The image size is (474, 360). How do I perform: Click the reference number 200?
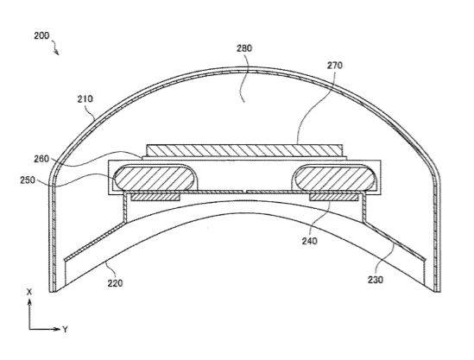[x=41, y=35]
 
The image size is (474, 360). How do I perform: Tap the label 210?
[x=85, y=98]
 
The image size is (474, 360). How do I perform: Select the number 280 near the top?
[x=244, y=48]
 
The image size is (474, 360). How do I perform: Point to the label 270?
[x=335, y=66]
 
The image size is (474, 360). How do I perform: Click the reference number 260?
[x=41, y=159]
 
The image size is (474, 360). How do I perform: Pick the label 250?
[x=28, y=180]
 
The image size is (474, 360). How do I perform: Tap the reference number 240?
[x=310, y=241]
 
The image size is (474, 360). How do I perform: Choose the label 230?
[x=376, y=280]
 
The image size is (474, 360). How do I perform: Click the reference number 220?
[x=115, y=283]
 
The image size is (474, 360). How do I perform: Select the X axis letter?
[x=29, y=292]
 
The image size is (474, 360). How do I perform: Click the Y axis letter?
[x=65, y=329]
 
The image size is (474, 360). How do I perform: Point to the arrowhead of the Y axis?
[x=58, y=329]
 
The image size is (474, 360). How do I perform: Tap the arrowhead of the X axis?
[x=29, y=301]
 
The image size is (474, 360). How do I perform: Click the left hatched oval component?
[x=154, y=178]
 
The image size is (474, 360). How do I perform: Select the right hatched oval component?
[x=335, y=178]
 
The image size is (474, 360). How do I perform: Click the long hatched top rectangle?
[x=244, y=150]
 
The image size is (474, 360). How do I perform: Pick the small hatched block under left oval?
[x=155, y=197]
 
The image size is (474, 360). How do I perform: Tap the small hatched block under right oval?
[x=334, y=197]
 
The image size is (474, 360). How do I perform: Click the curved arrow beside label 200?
[x=55, y=48]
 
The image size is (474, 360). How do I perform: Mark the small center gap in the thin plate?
[x=244, y=192]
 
